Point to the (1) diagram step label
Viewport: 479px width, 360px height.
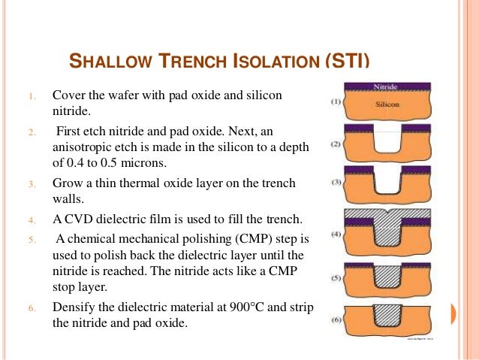[x=336, y=101]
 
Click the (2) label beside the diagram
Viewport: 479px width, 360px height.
[x=336, y=143]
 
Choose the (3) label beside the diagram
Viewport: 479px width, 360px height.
[x=336, y=183]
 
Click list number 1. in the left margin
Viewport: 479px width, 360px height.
[x=32, y=97]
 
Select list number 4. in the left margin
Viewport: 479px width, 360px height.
[x=32, y=221]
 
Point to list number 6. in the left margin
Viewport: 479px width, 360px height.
[x=32, y=308]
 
